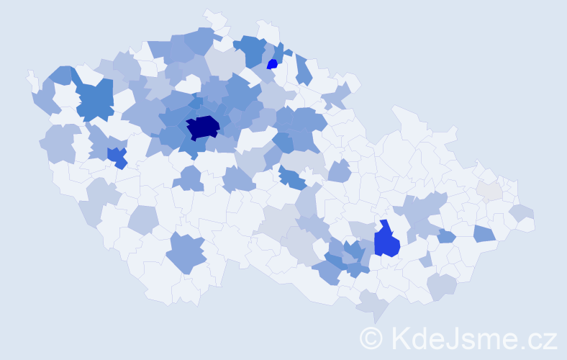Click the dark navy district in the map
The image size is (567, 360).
coord(202,128)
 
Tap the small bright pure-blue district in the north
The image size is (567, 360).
coord(272,64)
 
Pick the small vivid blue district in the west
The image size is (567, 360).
coord(116,156)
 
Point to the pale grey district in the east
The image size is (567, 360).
coord(489,191)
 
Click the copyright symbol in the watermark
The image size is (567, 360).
coord(372,337)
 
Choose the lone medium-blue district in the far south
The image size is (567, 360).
coord(186,253)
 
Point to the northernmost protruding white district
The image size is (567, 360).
coord(213,18)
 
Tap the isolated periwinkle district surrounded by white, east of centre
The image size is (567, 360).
coord(339,171)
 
